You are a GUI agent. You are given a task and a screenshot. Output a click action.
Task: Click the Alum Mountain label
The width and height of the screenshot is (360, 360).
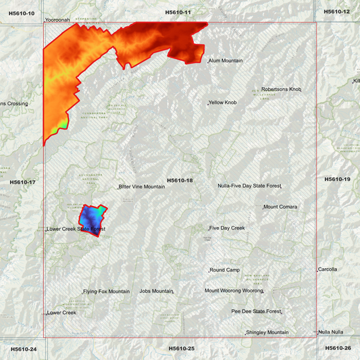(x=226, y=61)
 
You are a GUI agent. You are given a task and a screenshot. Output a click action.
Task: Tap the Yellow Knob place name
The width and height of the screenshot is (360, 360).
(x=223, y=103)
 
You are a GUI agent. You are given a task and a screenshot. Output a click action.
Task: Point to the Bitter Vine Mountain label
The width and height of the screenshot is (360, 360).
(x=142, y=186)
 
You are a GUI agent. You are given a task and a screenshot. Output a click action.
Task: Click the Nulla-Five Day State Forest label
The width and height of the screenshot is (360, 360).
(x=249, y=186)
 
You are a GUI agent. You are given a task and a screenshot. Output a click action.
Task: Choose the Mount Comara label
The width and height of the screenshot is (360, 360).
(x=280, y=207)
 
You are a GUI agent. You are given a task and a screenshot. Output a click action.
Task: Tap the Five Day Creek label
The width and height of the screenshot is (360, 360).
(x=227, y=228)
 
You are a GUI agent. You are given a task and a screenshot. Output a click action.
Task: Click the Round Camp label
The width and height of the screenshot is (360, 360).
(x=225, y=270)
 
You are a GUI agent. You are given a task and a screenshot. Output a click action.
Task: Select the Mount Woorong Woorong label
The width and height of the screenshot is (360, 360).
(x=234, y=290)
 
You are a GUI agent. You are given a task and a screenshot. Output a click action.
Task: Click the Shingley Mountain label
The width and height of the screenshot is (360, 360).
(x=267, y=332)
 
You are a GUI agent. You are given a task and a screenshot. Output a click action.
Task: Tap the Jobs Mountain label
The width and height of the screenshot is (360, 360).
(x=156, y=291)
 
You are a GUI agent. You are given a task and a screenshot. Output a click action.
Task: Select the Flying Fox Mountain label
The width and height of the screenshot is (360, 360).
(x=106, y=292)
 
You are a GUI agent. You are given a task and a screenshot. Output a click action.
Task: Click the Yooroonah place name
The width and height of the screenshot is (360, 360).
(x=57, y=20)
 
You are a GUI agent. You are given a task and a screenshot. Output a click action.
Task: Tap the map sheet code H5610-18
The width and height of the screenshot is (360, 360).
(x=180, y=180)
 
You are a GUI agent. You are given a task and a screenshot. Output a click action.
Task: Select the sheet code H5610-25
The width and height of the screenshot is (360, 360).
(x=181, y=349)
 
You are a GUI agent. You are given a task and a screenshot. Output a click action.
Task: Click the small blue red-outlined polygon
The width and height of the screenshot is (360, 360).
(x=93, y=218)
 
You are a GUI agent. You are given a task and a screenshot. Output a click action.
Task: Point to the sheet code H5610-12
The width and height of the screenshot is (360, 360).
(x=337, y=11)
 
